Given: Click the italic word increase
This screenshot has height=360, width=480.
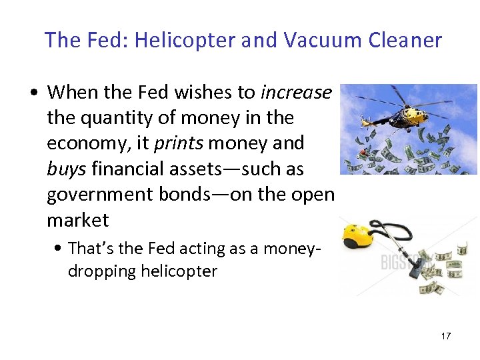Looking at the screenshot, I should (x=295, y=92).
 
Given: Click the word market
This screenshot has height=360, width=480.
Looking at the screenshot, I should (x=77, y=219).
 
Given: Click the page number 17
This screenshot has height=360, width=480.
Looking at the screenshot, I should (x=445, y=336).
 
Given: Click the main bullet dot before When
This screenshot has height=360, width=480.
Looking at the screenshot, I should (x=33, y=93).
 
